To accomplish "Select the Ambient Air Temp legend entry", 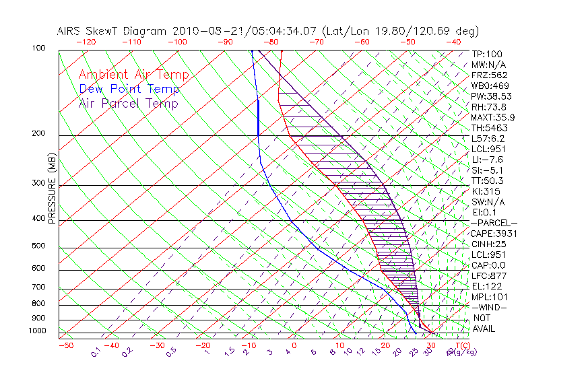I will pos(133,75).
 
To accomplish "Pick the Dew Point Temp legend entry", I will pos(129,89).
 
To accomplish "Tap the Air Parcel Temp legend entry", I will pos(128,103).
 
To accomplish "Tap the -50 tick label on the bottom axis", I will pos(65,345).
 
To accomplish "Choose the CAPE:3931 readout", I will pos(492,233).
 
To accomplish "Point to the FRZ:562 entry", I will pos(490,75).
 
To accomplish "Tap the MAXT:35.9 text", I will pos(492,117).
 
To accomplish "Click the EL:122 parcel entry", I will pos(485,286).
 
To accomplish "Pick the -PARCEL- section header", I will pos(494,223).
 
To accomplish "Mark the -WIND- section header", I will pos(489,307).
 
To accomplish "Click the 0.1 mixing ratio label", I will pos(96,352).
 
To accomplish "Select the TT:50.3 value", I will pos(488,180).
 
